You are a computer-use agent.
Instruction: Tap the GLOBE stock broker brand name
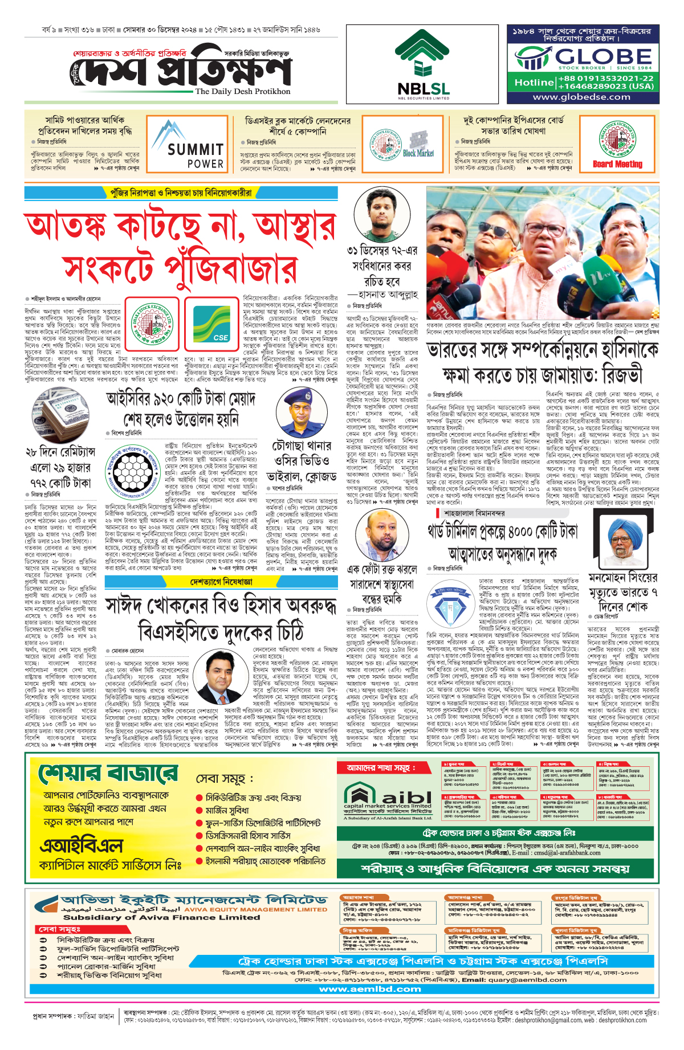(604, 56)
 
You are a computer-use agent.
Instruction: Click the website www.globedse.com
(581, 97)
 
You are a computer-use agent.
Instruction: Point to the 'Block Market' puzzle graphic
(418, 145)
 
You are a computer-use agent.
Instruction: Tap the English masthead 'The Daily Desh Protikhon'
(242, 91)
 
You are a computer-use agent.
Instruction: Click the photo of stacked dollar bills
(60, 414)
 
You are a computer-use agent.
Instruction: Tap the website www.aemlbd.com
(369, 989)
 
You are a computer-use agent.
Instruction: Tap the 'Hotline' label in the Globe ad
(534, 82)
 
